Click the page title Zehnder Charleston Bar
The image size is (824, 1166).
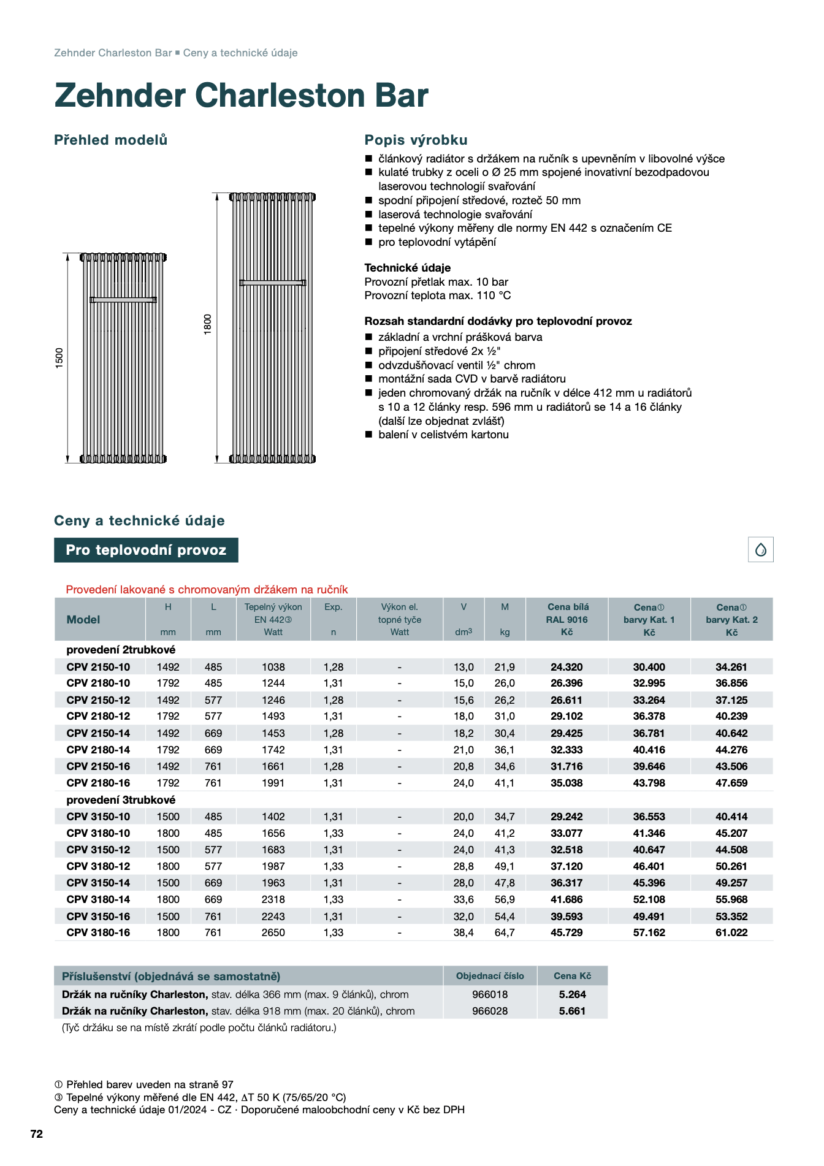tap(241, 96)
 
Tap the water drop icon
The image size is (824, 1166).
tap(760, 549)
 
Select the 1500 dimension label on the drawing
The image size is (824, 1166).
tap(59, 357)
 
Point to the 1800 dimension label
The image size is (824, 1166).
tap(208, 324)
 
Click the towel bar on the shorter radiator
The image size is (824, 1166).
tap(123, 300)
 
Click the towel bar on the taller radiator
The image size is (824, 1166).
tap(272, 283)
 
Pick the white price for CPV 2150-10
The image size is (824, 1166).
tap(566, 667)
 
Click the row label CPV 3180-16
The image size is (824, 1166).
tap(98, 932)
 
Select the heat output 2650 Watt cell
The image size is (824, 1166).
tap(273, 932)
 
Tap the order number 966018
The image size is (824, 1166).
tap(490, 994)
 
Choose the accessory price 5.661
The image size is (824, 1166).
tap(572, 1011)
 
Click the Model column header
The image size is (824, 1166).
tap(83, 619)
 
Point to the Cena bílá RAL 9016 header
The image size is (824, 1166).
tap(566, 619)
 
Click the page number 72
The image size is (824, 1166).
tap(37, 1134)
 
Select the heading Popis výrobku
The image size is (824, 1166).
tap(416, 140)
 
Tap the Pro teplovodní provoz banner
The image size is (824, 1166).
tap(146, 550)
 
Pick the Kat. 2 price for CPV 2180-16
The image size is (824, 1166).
tap(731, 783)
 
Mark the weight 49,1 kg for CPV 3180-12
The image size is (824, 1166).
tap(505, 866)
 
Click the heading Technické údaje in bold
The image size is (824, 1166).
tap(407, 268)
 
